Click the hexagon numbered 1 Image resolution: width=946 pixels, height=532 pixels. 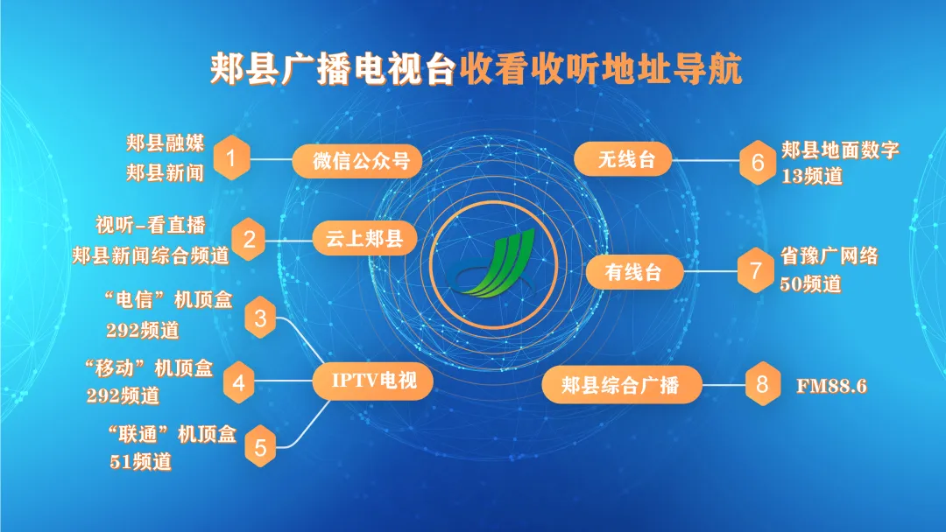click(231, 160)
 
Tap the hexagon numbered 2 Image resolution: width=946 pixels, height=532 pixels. click(249, 239)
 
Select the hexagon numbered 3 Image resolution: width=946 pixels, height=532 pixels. click(260, 318)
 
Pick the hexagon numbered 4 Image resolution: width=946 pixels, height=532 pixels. click(238, 381)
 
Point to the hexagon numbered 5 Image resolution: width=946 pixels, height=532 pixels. click(260, 447)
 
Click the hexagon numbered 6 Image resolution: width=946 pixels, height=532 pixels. click(757, 162)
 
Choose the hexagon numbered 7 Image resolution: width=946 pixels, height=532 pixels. click(755, 270)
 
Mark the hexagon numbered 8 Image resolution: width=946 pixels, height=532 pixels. click(762, 383)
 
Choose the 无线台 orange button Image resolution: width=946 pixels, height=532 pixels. click(623, 160)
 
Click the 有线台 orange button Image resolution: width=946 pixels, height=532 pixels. click(633, 271)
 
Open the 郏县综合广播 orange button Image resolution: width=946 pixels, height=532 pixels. click(621, 384)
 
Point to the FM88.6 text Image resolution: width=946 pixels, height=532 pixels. click(831, 384)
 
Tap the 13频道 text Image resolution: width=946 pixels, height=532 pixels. click(812, 176)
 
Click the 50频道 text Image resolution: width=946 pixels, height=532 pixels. click(810, 284)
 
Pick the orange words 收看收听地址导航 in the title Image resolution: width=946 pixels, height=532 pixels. click(601, 69)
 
